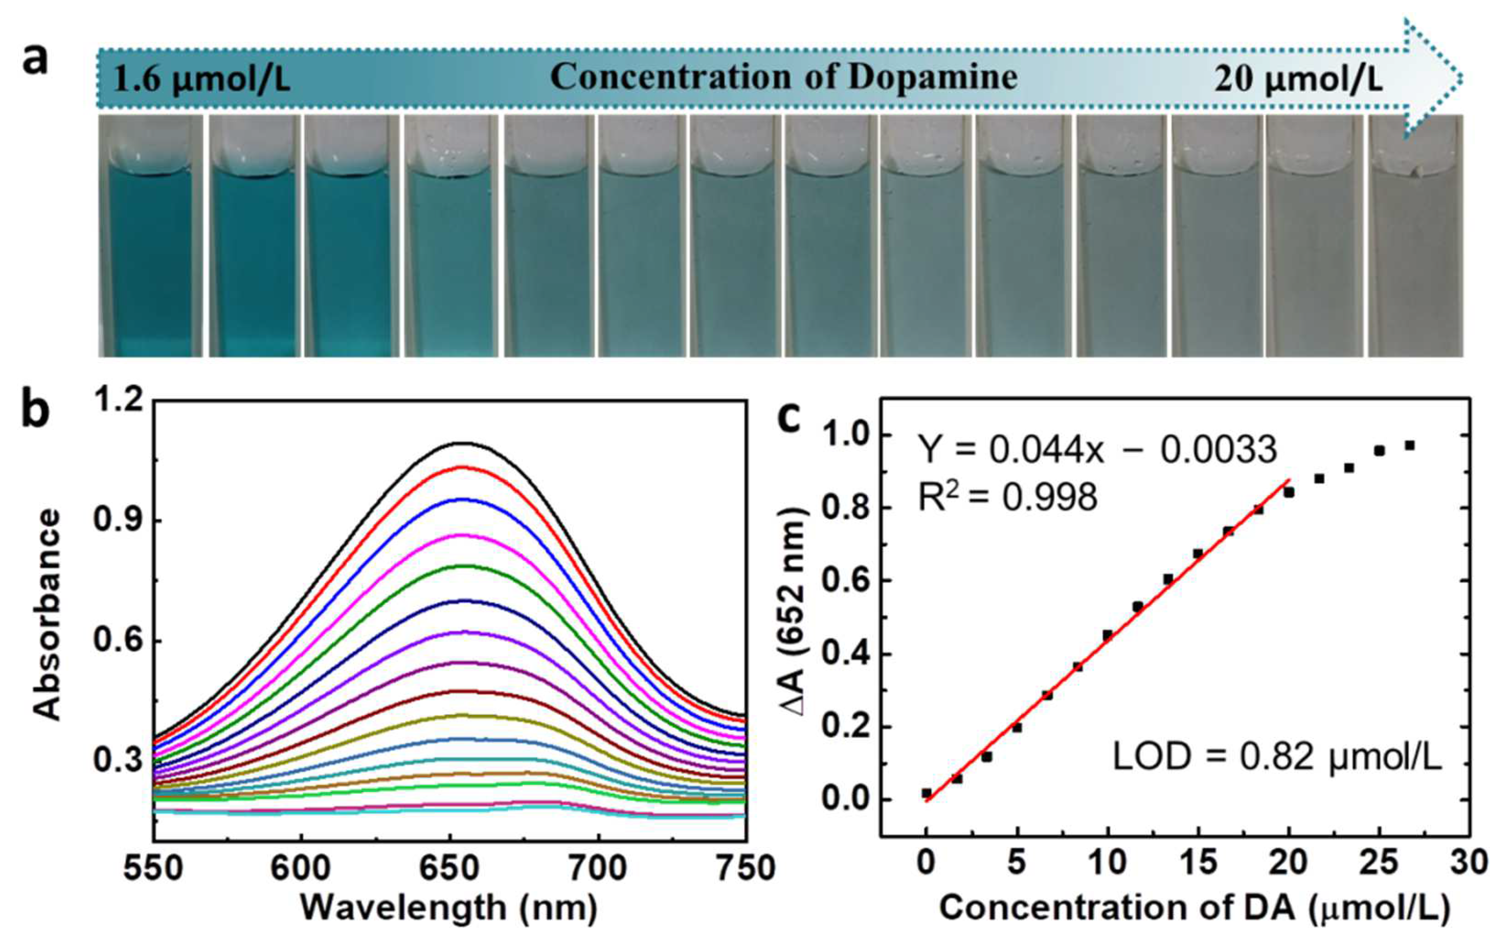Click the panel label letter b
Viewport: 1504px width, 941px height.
(36, 412)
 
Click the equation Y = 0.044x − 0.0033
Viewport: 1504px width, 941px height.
(1097, 450)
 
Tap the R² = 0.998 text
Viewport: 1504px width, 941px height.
(1008, 498)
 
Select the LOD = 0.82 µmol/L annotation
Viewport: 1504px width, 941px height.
(1277, 758)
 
